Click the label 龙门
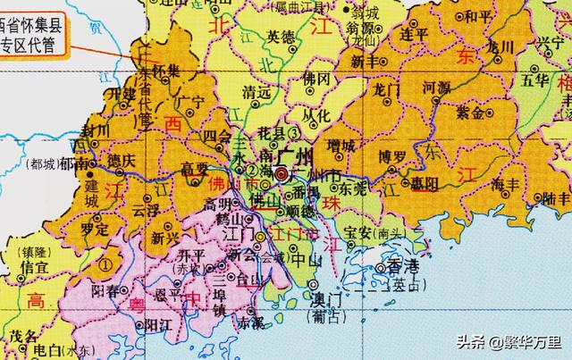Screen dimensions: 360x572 pyautogui.click(x=386, y=88)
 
